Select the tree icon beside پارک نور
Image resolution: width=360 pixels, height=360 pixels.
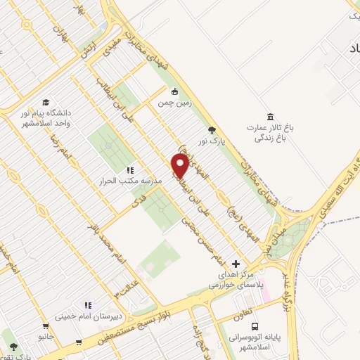(212, 130)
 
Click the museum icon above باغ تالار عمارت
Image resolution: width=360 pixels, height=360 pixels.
(269, 117)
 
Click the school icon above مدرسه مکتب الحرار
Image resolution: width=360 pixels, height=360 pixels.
(129, 170)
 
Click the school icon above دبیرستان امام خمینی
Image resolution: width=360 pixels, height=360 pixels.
(88, 305)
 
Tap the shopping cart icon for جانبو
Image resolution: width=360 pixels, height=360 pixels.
(46, 327)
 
